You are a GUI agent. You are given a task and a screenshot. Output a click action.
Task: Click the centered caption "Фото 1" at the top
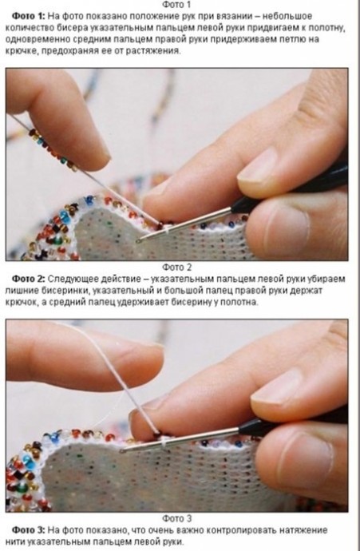(x=176, y=5)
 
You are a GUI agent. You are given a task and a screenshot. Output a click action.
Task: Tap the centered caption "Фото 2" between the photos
(x=177, y=268)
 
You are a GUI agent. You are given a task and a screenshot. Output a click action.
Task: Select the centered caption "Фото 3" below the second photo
(x=177, y=519)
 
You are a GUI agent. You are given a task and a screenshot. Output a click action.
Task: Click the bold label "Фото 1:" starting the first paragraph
(x=29, y=16)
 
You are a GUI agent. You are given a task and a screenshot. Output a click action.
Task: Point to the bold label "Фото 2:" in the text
(x=29, y=279)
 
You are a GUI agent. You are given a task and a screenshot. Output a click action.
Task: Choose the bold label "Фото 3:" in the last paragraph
(x=29, y=530)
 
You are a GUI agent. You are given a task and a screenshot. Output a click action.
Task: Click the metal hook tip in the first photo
(x=140, y=240)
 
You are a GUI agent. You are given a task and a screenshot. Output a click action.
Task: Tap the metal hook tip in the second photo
(x=123, y=450)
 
